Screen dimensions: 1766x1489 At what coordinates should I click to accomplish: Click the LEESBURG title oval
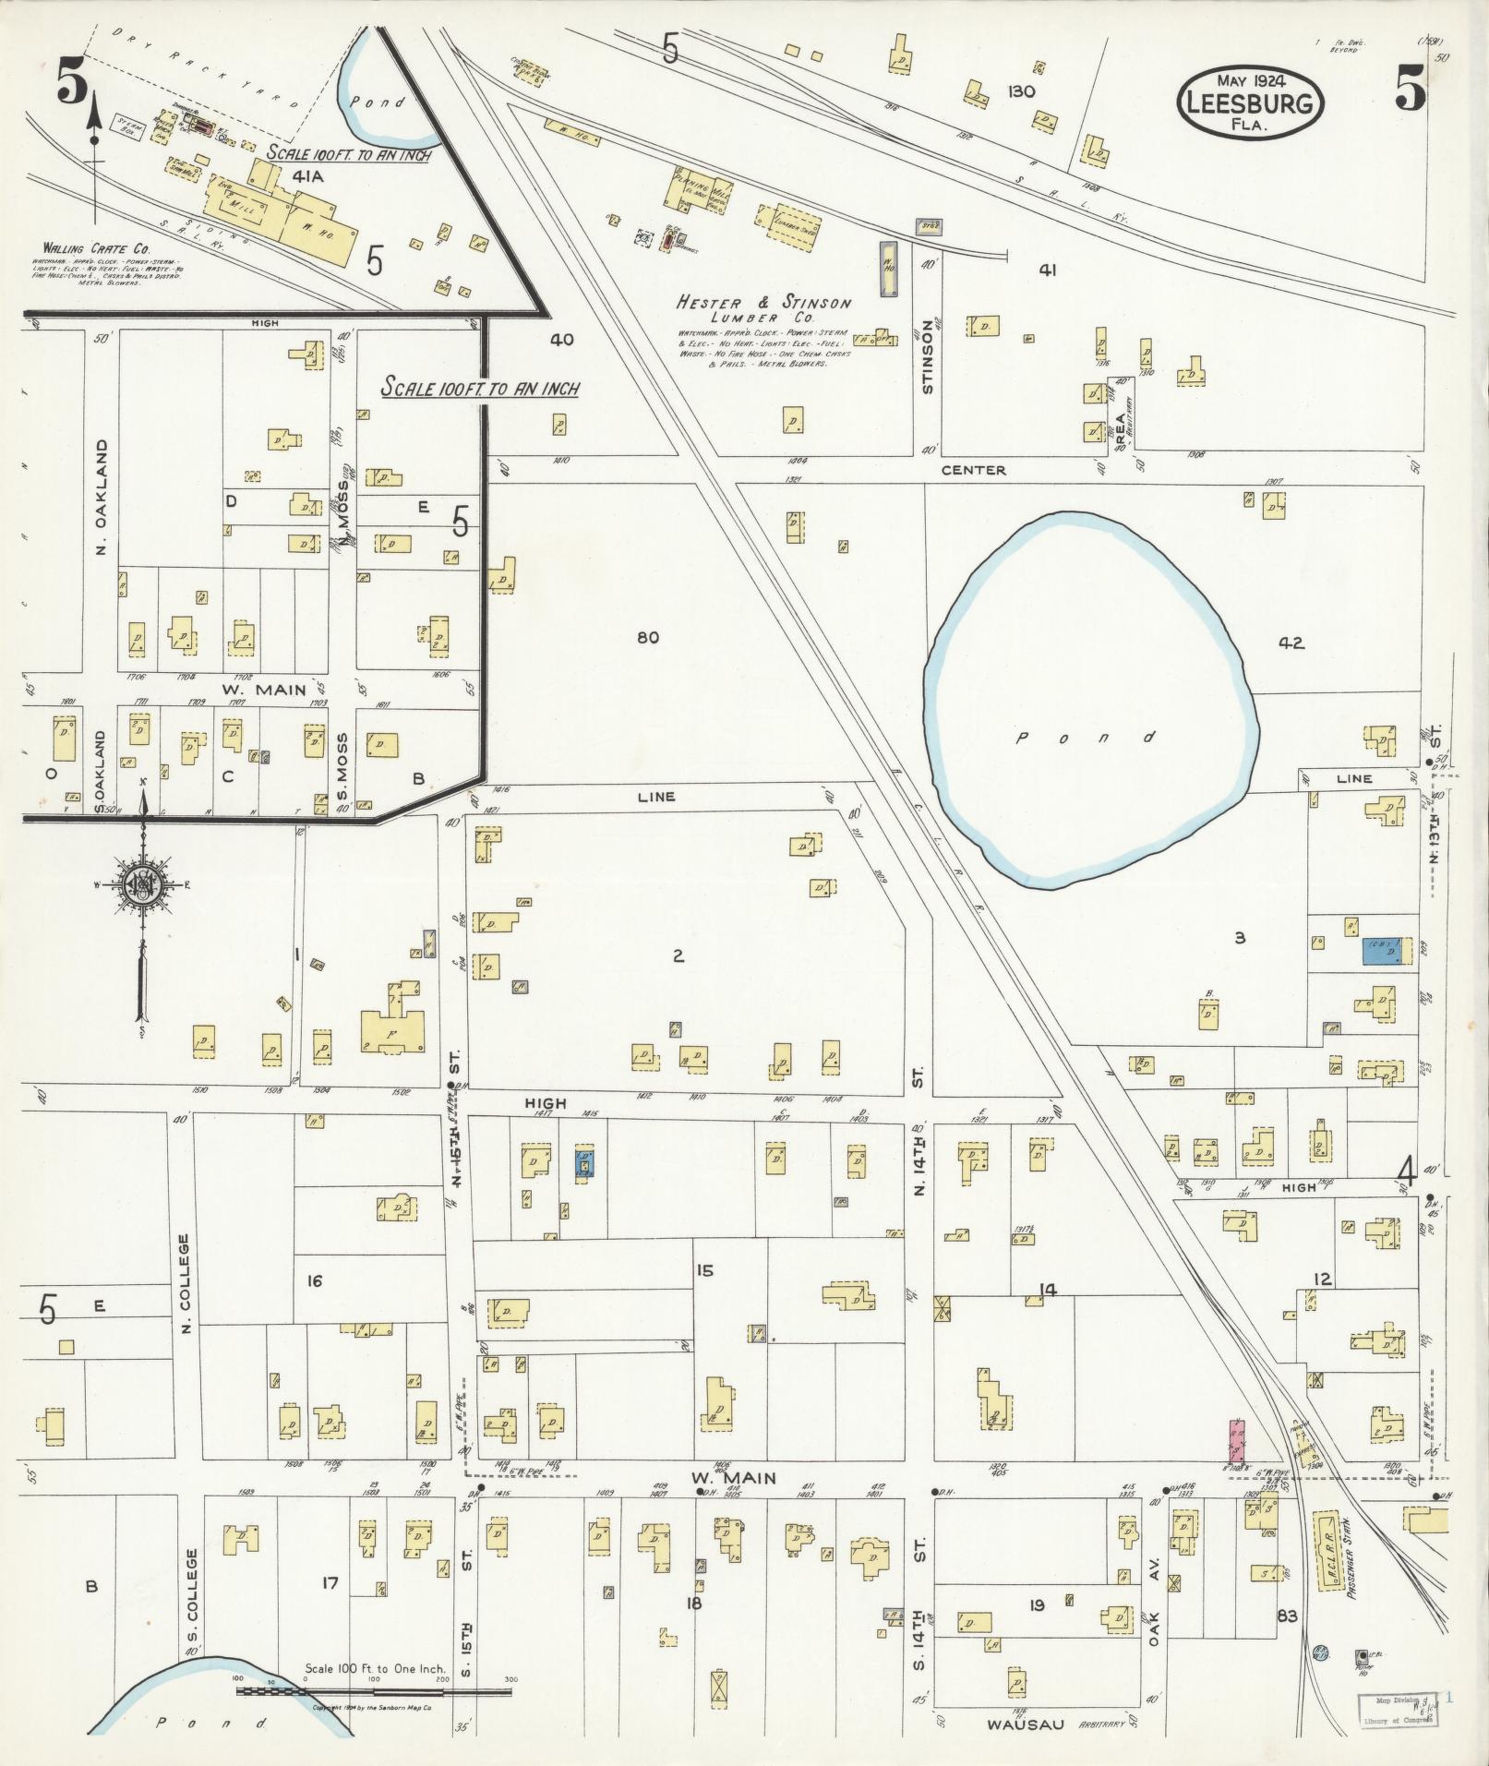[1250, 102]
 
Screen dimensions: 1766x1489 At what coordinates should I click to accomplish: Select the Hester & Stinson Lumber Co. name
[764, 309]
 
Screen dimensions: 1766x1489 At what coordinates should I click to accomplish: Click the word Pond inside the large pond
[1086, 738]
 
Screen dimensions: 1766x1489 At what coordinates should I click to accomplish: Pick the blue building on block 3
[1387, 951]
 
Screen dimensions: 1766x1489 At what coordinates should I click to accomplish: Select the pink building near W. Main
[1236, 1446]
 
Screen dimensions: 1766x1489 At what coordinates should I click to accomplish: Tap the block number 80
[648, 637]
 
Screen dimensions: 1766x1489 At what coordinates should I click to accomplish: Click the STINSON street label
[928, 363]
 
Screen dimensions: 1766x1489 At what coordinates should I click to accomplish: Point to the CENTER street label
[974, 470]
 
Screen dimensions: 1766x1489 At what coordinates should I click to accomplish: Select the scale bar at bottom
[374, 1690]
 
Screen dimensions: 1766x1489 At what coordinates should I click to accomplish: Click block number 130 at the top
[1022, 91]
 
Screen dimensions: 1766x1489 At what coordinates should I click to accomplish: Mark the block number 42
[1291, 643]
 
